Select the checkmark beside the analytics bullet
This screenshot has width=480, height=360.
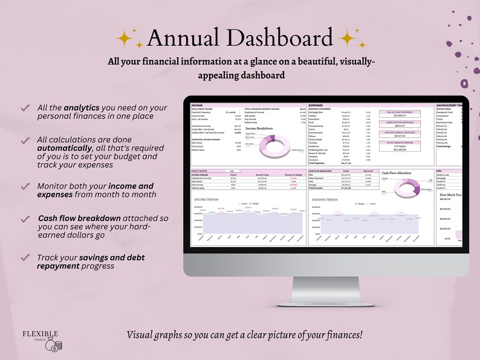coord(25,108)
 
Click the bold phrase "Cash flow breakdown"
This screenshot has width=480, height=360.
coord(78,217)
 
